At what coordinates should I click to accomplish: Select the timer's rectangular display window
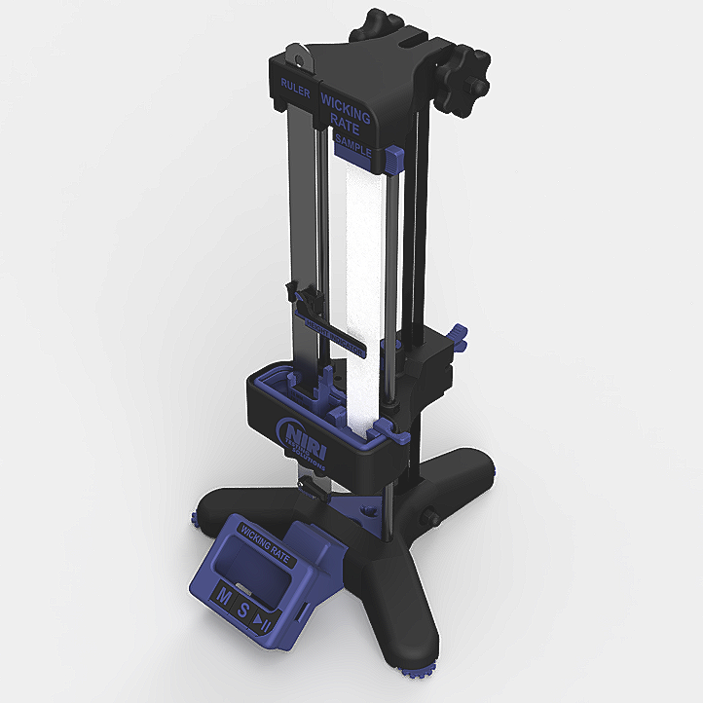255,574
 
